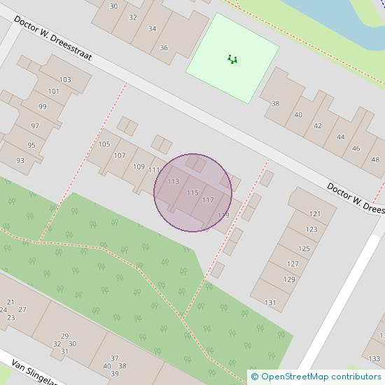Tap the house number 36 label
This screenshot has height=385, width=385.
click(x=164, y=48)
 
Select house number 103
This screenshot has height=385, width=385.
click(x=65, y=80)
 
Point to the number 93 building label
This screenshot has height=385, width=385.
click(x=20, y=160)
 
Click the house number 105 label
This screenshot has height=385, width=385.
click(x=104, y=144)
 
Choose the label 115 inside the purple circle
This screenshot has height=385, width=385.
click(x=192, y=192)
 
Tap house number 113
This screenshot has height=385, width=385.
click(x=174, y=182)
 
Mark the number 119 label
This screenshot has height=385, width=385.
click(x=223, y=215)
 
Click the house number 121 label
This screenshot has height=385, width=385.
click(x=314, y=213)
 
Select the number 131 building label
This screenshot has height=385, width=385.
click(x=271, y=302)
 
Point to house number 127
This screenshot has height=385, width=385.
click(x=293, y=264)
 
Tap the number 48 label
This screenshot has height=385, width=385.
click(x=375, y=159)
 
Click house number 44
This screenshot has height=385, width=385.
click(x=340, y=136)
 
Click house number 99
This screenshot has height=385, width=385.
click(x=43, y=106)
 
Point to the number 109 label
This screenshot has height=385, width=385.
click(x=138, y=167)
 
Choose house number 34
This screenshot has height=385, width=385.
click(x=152, y=30)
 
